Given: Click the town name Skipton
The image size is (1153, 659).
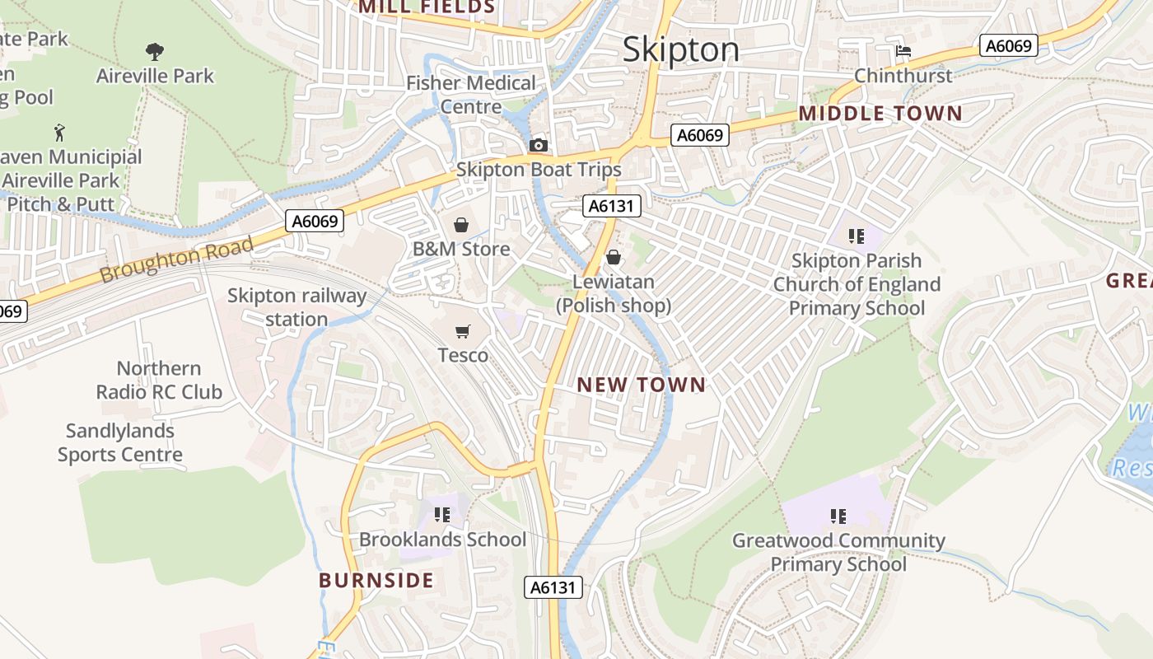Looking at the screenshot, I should coord(680,49).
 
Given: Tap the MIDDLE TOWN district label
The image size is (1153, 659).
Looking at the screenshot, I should coord(880,114).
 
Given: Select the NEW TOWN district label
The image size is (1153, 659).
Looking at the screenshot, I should coord(642,385).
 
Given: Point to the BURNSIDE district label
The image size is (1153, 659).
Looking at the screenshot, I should coord(376,581).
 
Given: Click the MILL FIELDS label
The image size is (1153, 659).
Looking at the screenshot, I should coord(427,7).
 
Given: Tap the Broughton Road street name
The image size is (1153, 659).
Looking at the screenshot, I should coord(177,262).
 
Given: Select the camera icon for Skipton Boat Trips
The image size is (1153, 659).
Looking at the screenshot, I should coord(539,146).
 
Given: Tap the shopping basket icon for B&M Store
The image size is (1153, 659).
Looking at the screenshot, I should coord(461,225).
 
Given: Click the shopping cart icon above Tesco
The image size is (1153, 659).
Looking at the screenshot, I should coord(463,331).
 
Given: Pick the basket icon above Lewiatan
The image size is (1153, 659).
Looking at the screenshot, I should coord(613,258).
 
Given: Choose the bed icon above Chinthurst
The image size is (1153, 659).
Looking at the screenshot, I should coord(903,51).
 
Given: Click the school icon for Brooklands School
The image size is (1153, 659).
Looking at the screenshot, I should coord(442,515).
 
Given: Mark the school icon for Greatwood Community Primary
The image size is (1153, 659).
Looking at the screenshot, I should coord(838,516).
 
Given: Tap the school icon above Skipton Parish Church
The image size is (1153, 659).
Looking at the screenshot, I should coord(857,236).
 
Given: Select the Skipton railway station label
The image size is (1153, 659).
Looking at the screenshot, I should coord(296,307).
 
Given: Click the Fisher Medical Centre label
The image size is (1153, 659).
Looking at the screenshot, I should coord(471,95).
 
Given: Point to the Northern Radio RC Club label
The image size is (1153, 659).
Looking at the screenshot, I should coord(159,380).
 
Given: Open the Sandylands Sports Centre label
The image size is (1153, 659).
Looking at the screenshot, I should coord(119,442).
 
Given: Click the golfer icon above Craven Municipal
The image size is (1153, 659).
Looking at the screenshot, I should coord(58,133).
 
